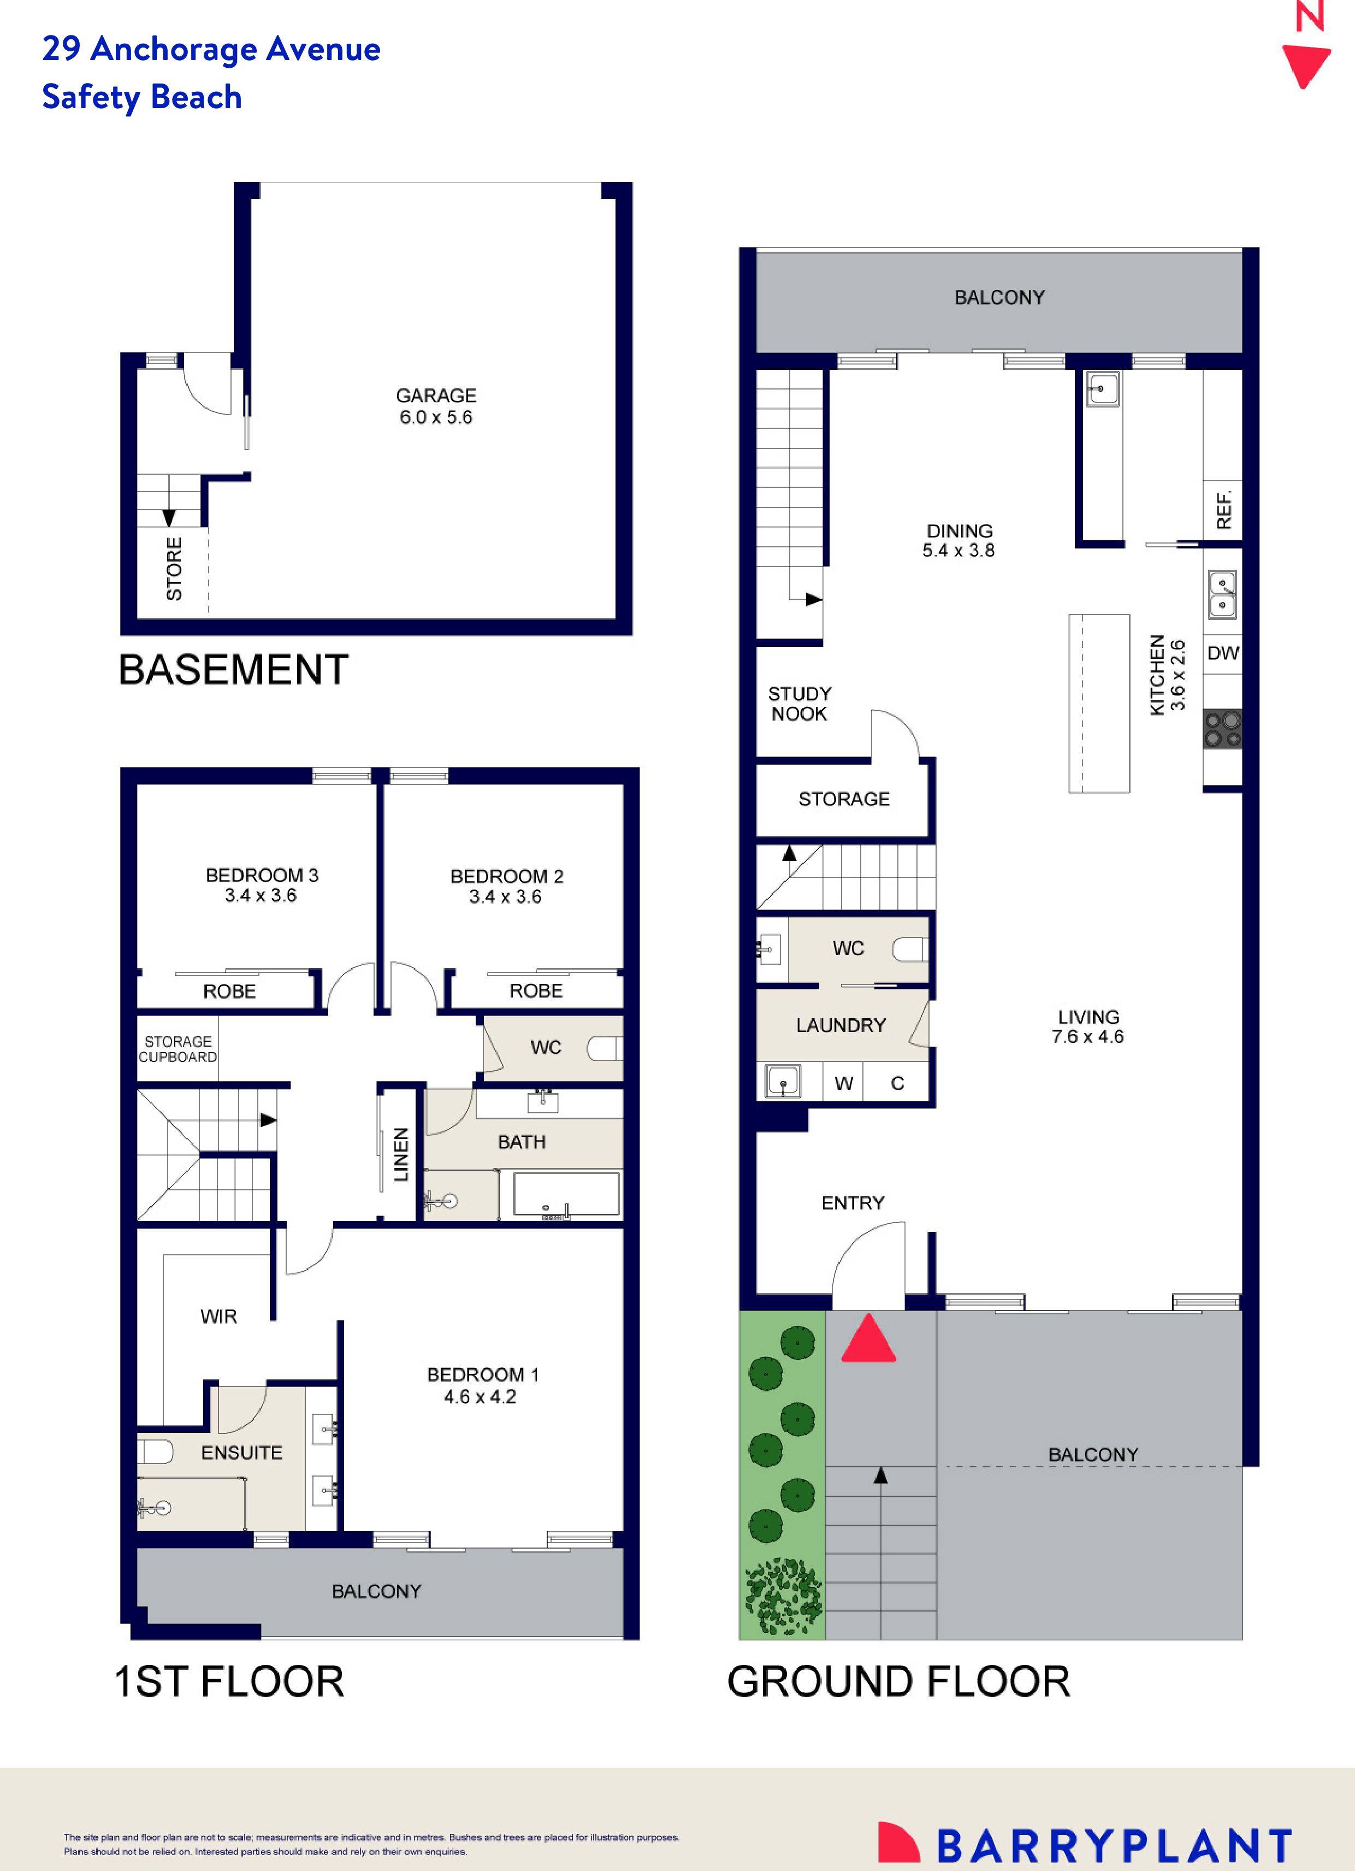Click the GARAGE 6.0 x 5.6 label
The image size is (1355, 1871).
[x=435, y=406]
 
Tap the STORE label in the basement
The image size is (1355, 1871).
[x=174, y=568]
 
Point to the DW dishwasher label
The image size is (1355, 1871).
[x=1222, y=653]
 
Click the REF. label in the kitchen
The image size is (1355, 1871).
[x=1224, y=510]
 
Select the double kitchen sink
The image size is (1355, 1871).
[x=1222, y=595]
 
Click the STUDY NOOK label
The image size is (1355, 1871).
[x=799, y=704]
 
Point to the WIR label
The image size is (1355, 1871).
[x=218, y=1317]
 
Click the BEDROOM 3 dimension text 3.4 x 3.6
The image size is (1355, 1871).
[x=261, y=896]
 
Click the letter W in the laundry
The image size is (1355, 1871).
[x=843, y=1083]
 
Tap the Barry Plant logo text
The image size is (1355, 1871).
[x=1114, y=1846]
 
